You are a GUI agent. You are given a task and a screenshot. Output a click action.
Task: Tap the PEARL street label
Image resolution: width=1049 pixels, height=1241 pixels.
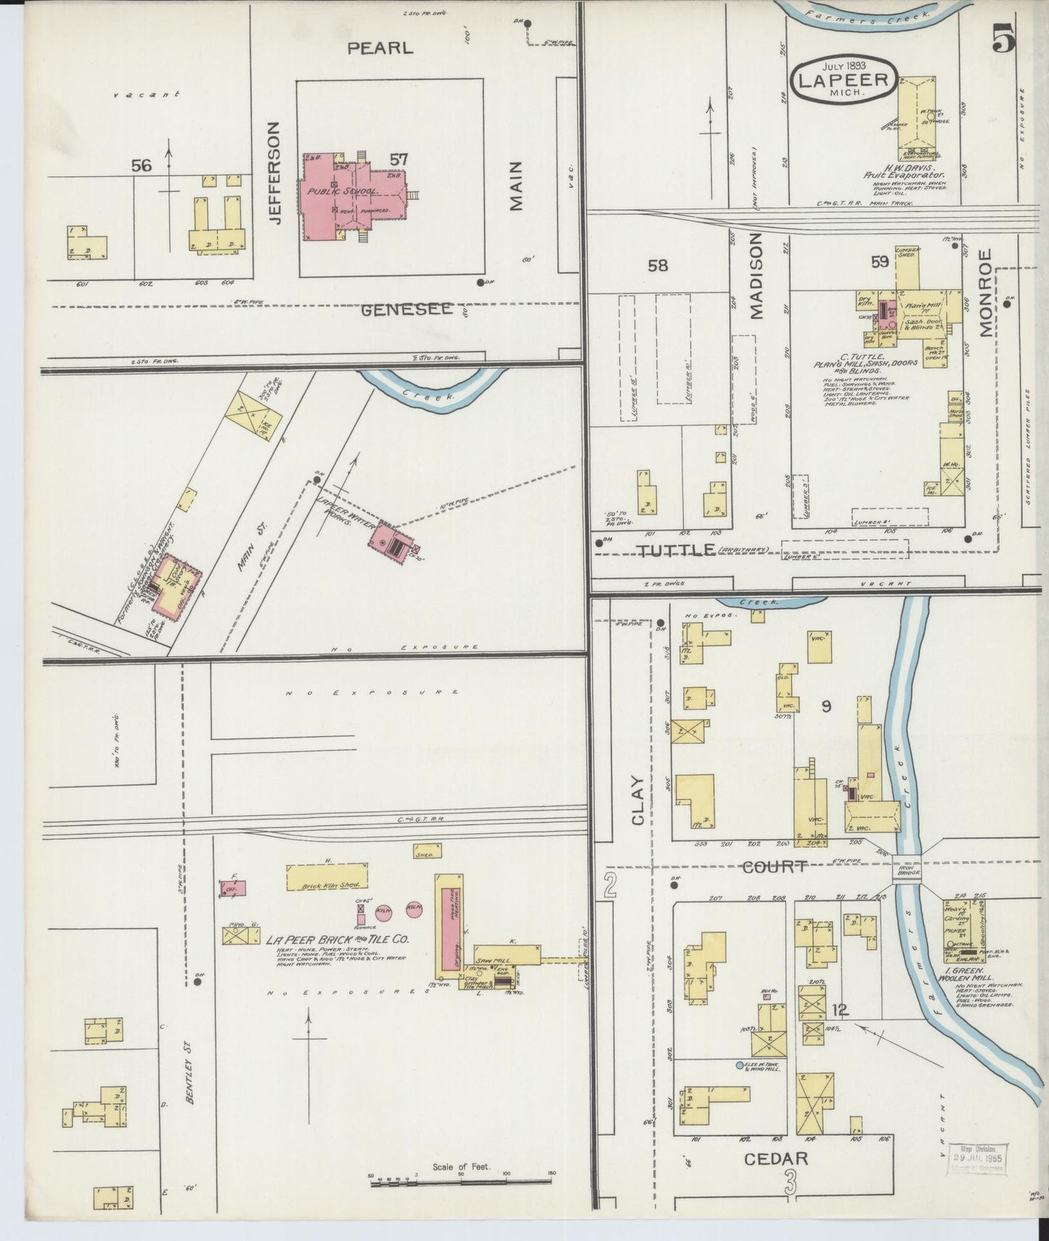click(380, 49)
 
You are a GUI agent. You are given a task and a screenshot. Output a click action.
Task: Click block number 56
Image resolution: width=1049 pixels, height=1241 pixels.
click(142, 166)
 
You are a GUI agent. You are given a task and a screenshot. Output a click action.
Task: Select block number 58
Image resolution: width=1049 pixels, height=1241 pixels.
click(658, 266)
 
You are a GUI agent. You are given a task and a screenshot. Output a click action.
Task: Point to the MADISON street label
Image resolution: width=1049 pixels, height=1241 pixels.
click(757, 276)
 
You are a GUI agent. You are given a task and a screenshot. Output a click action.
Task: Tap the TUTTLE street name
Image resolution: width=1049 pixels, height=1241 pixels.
click(676, 551)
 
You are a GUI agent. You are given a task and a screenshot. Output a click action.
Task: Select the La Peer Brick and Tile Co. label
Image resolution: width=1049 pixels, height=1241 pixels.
click(338, 939)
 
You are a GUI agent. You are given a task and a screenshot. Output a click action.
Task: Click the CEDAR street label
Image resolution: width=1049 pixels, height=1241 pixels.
click(776, 1158)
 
